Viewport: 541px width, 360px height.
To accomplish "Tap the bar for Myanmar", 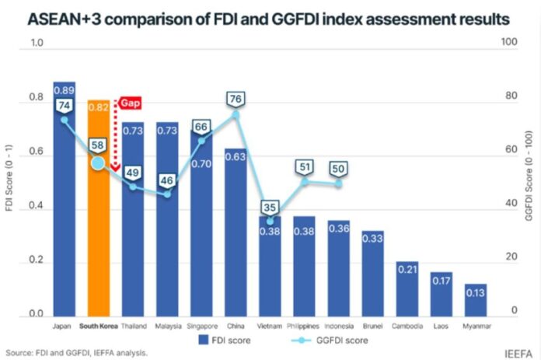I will click(x=475, y=299).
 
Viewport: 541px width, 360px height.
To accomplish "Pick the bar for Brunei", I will click(x=372, y=272).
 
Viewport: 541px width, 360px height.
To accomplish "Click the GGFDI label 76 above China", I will click(x=236, y=100).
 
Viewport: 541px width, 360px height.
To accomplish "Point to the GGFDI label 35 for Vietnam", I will click(x=270, y=208).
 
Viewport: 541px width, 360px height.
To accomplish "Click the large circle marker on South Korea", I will click(x=98, y=163).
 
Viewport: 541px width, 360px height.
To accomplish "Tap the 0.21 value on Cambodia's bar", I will click(x=407, y=270).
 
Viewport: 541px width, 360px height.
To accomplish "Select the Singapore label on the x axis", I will click(x=201, y=327).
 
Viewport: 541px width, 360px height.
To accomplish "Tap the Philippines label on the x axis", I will click(x=304, y=327).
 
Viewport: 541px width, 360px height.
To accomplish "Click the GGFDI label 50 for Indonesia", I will click(x=338, y=168).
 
